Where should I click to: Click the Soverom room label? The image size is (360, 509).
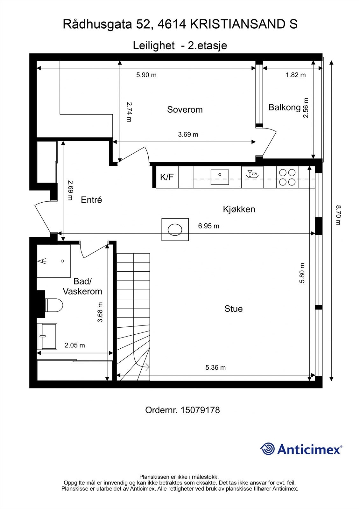(185, 110)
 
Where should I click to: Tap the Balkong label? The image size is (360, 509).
(284, 107)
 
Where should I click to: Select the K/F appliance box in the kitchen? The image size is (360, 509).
(167, 177)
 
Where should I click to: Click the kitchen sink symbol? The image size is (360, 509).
(220, 177)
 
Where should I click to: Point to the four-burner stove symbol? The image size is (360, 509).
(287, 177)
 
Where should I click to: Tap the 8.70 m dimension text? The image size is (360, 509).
(338, 215)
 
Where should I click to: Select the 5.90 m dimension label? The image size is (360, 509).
(146, 75)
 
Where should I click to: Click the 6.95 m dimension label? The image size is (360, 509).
(208, 226)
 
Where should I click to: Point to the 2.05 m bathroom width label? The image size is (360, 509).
(75, 345)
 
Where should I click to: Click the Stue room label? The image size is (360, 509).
(233, 309)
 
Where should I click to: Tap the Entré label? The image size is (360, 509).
(91, 200)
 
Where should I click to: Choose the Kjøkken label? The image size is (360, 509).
(239, 209)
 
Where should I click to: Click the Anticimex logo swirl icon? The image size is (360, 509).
(267, 449)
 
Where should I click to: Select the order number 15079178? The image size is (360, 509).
(200, 410)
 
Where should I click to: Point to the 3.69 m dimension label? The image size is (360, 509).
(188, 135)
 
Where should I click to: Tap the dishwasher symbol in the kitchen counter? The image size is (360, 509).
(252, 175)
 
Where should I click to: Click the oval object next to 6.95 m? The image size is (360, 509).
(175, 229)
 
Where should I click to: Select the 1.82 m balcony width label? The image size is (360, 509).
(295, 75)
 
